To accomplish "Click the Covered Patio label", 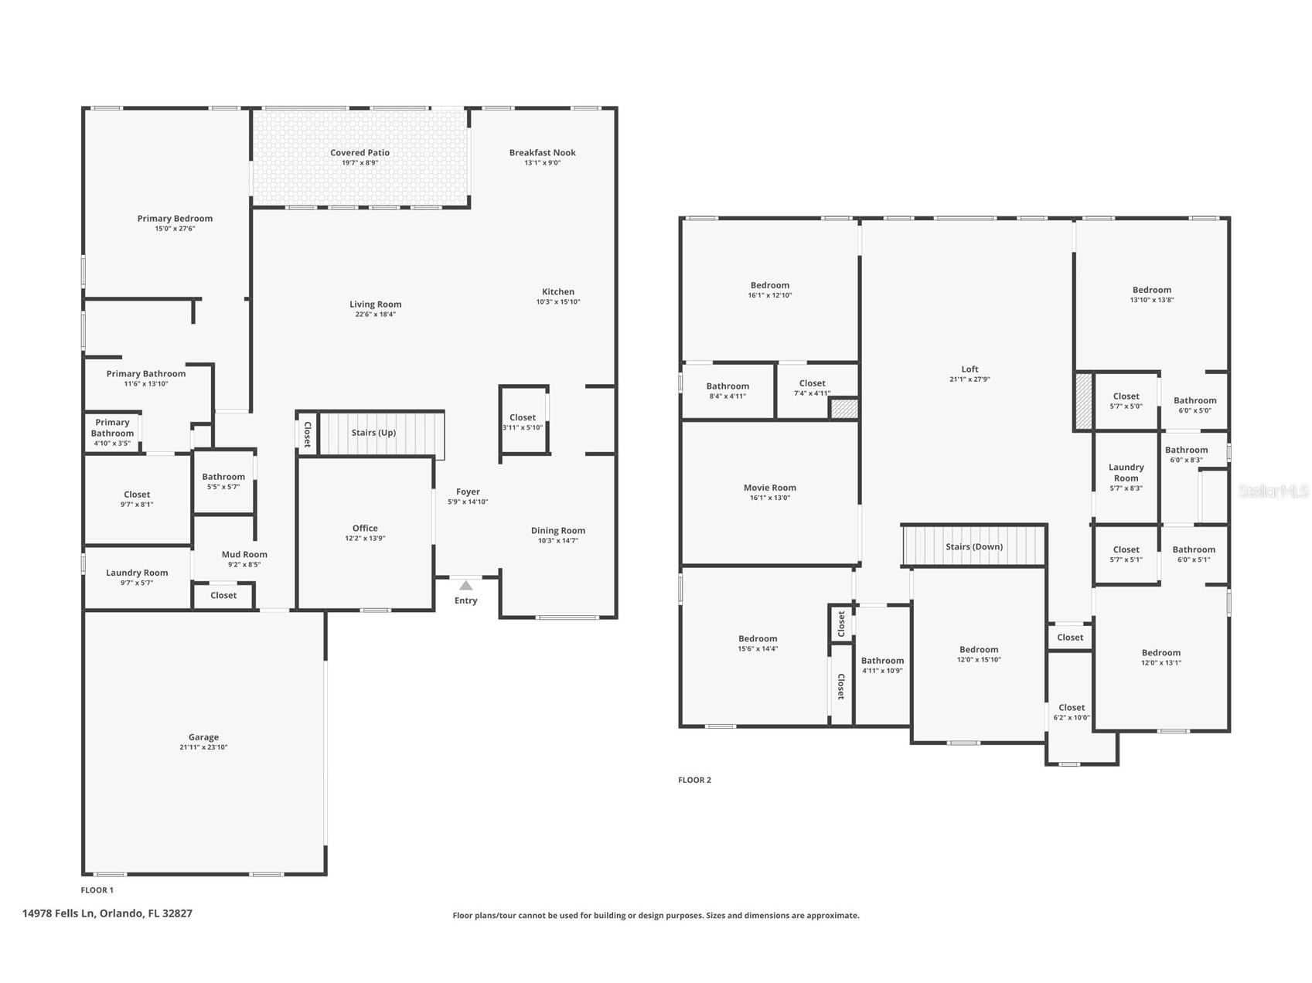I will (360, 153).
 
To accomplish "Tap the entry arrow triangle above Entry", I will (465, 586).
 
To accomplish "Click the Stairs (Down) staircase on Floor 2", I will (974, 546).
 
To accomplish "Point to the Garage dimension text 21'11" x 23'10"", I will (203, 747).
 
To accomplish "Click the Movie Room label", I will (769, 488).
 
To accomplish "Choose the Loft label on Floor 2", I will (970, 369).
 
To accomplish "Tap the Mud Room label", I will (244, 554).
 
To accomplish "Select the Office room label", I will (365, 529).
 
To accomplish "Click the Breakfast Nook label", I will (542, 153).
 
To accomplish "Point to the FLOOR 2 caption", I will (694, 780).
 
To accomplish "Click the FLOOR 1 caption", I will (97, 890).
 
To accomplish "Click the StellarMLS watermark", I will (1273, 491).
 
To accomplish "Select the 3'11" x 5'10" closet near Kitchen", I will (523, 422).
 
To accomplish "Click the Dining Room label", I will (557, 531).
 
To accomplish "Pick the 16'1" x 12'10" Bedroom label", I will (769, 286).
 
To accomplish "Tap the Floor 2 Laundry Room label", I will (1126, 472).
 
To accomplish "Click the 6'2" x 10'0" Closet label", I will (1071, 708).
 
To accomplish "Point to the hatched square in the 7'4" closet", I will (844, 408).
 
